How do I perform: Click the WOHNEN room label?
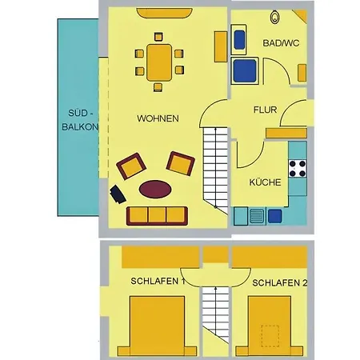pyautogui.click(x=158, y=118)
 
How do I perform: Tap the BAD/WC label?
pyautogui.click(x=281, y=43)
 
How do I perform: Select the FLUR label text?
pyautogui.click(x=265, y=110)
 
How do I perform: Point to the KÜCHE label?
pyautogui.click(x=265, y=182)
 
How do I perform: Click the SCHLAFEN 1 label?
pyautogui.click(x=158, y=281)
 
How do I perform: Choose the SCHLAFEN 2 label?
pyautogui.click(x=280, y=283)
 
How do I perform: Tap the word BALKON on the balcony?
pyautogui.click(x=80, y=127)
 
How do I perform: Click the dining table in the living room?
pyautogui.click(x=159, y=62)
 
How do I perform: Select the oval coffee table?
pyautogui.click(x=155, y=189)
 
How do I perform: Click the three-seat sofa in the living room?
pyautogui.click(x=157, y=215)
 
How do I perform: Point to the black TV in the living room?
pyautogui.click(x=118, y=194)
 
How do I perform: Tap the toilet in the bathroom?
pyautogui.click(x=274, y=17)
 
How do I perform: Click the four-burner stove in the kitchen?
pyautogui.click(x=298, y=169)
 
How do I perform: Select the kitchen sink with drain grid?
pyautogui.click(x=257, y=216)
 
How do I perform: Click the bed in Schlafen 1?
pyautogui.click(x=158, y=326)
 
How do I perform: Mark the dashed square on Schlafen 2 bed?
pyautogui.click(x=270, y=336)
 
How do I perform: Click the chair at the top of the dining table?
pyautogui.click(x=158, y=37)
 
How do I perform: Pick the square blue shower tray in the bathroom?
pyautogui.click(x=245, y=70)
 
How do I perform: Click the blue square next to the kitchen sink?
pyautogui.click(x=275, y=216)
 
